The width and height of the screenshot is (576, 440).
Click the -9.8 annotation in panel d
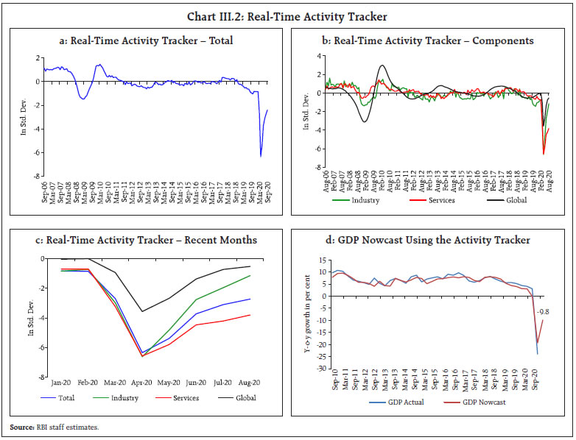tap(548, 310)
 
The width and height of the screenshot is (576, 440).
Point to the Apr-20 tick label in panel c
tap(143, 383)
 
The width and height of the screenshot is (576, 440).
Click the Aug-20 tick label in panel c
tap(249, 383)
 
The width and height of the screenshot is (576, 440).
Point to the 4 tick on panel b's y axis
tap(320, 56)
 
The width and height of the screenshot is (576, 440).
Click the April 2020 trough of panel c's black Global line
tap(143, 311)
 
